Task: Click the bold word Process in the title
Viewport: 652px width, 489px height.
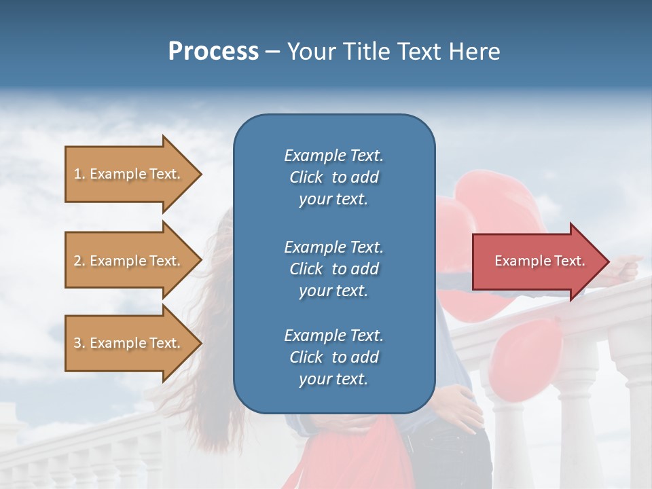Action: pos(213,51)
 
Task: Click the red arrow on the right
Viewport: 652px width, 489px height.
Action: pos(537,261)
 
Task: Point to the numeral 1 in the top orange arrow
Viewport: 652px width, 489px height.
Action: pos(77,174)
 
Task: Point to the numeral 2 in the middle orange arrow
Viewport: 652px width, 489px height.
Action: pos(77,261)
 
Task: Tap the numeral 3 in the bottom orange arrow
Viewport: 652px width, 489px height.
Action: pos(77,343)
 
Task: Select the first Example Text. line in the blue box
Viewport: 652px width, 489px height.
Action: pos(333,156)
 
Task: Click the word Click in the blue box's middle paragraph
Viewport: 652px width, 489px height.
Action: pos(306,269)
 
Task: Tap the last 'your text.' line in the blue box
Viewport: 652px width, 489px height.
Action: pos(333,379)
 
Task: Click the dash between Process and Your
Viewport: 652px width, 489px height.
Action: pos(272,52)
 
